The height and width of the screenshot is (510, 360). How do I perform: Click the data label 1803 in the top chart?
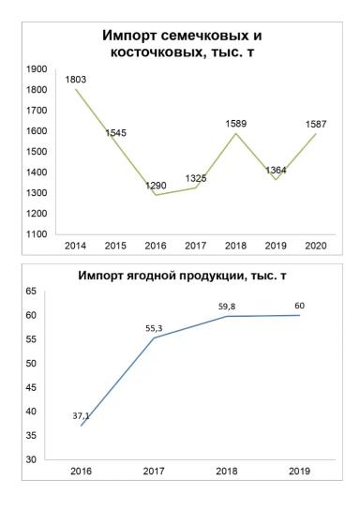click(76, 81)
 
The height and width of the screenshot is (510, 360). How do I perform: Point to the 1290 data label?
click(157, 185)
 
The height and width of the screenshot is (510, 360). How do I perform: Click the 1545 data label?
click(115, 133)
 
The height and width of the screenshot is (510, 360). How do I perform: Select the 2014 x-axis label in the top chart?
click(75, 246)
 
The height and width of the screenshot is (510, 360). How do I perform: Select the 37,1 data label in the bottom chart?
click(82, 414)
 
